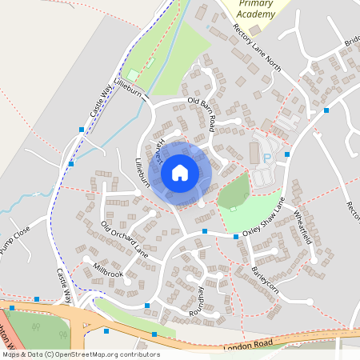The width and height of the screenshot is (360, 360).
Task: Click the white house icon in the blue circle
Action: tap(180, 171)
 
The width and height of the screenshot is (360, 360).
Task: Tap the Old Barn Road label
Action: tap(201, 114)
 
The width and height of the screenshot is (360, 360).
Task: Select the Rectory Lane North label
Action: tap(257, 47)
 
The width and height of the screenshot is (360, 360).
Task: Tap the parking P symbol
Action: tap(267, 158)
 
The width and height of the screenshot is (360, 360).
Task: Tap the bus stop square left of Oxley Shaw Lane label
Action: tap(236, 236)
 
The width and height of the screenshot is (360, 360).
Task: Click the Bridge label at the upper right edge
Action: tap(352, 41)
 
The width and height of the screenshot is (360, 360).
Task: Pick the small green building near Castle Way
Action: tap(132, 74)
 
